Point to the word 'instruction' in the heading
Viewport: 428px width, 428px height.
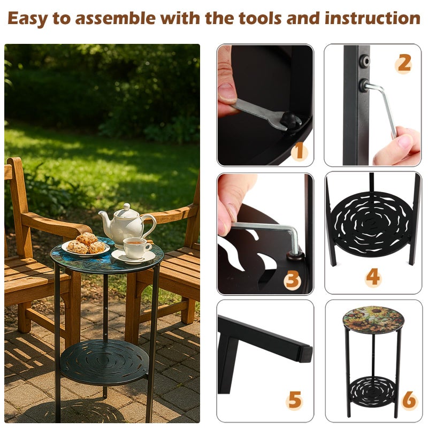tap(372, 18)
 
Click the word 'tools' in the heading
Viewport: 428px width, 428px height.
tap(260, 18)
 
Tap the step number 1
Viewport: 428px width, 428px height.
tap(300, 151)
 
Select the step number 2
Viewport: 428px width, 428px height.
tap(403, 64)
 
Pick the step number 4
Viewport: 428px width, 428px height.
tap(372, 277)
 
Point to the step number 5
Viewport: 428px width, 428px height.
tap(295, 399)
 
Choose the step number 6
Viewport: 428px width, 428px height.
tap(409, 400)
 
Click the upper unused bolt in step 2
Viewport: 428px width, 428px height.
tap(365, 60)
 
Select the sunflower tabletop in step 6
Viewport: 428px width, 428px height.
tap(372, 319)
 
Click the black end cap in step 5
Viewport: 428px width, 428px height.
tap(306, 354)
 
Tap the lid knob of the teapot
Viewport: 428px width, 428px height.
tap(127, 207)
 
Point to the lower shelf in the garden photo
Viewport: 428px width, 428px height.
tap(104, 362)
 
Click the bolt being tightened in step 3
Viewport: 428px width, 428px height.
tap(295, 256)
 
